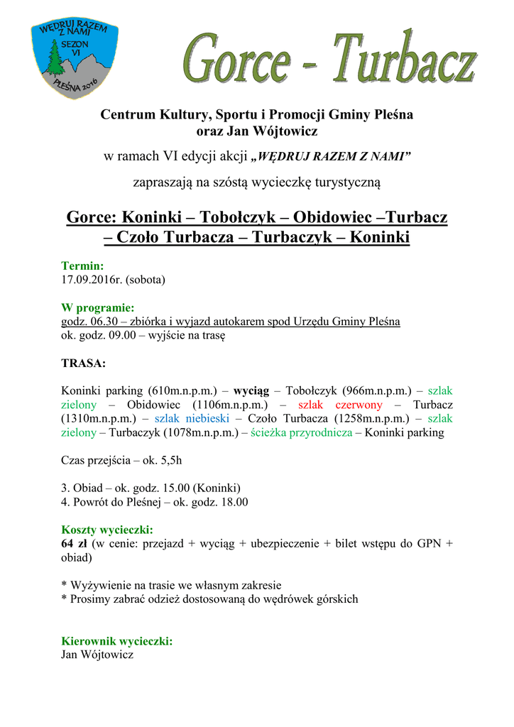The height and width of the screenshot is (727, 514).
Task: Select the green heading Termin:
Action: (83, 266)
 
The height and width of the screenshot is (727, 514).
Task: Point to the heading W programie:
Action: (98, 308)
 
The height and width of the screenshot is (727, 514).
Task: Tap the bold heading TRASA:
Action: (84, 363)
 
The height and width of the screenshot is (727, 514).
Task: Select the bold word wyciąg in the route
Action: (251, 390)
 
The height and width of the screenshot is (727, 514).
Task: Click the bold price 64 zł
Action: (76, 544)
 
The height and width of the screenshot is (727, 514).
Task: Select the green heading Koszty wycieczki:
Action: (107, 530)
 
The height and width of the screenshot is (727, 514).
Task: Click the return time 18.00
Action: (234, 502)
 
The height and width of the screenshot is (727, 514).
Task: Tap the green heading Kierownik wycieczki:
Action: (117, 641)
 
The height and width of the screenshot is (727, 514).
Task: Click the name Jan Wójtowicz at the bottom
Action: (97, 655)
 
